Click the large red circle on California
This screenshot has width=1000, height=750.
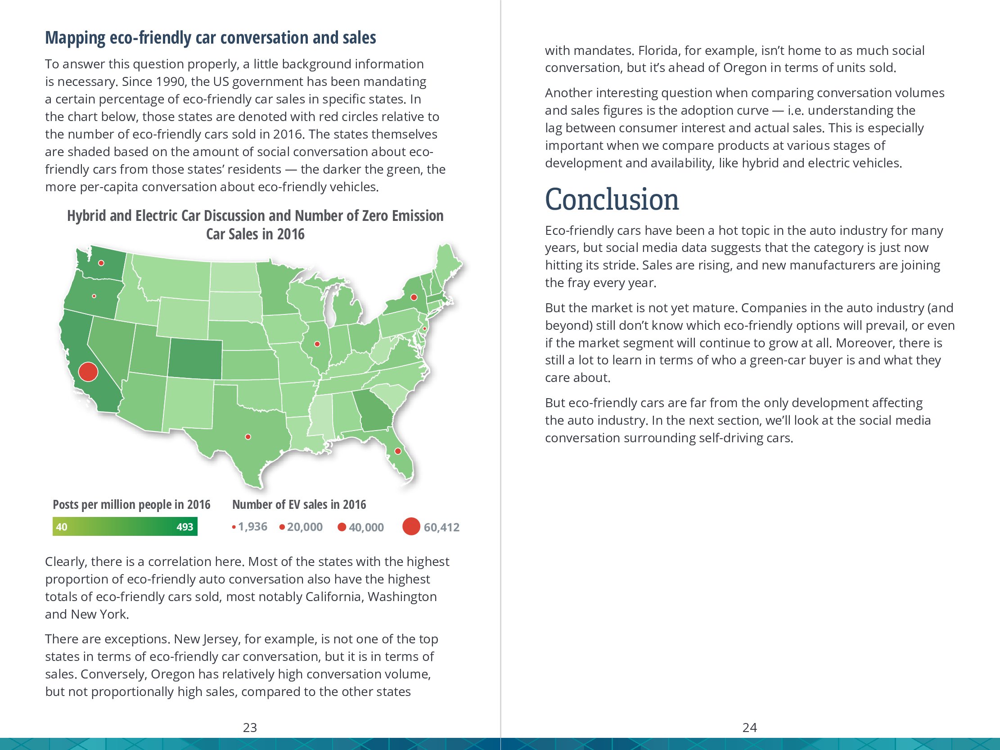click(88, 372)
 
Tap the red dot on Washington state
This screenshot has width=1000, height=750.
click(101, 263)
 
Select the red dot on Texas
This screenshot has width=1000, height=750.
click(248, 437)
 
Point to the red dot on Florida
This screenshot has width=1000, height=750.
click(398, 451)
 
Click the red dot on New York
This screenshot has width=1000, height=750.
click(414, 297)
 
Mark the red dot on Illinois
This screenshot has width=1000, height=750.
click(317, 344)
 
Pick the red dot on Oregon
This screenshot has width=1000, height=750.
click(94, 296)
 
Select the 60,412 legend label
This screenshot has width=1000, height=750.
click(441, 527)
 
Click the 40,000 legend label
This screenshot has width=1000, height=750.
click(366, 527)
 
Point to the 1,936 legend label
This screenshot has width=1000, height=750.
click(252, 527)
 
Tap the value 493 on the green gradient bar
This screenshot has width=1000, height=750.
click(185, 527)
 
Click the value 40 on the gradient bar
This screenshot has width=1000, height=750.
click(62, 527)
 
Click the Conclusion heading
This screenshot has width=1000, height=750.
click(612, 199)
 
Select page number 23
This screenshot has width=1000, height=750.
click(250, 728)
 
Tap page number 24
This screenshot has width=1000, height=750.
click(749, 728)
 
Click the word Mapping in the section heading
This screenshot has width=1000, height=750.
click(75, 37)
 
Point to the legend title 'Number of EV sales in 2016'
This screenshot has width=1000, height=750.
click(299, 504)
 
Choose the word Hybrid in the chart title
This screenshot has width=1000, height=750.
click(87, 216)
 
